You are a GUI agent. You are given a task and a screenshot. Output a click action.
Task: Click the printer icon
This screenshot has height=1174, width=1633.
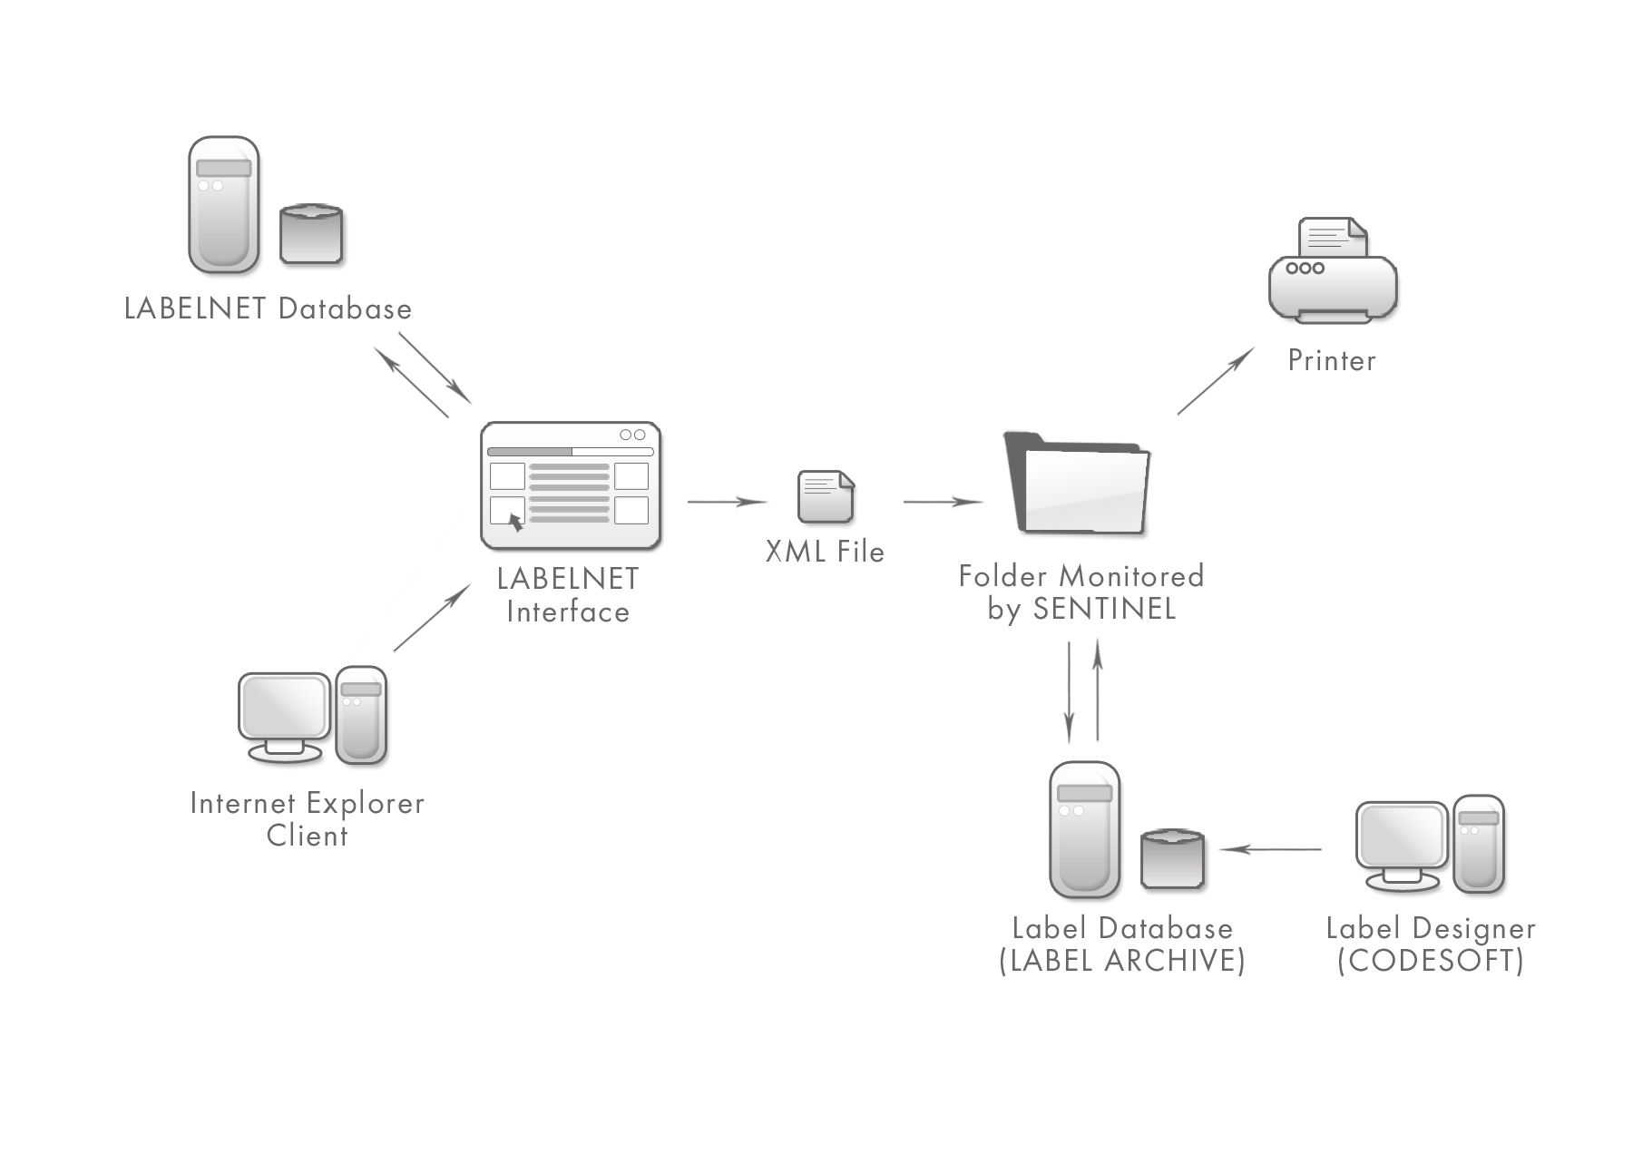(1332, 272)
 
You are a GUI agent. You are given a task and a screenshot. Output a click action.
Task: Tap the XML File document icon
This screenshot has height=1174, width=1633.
(825, 496)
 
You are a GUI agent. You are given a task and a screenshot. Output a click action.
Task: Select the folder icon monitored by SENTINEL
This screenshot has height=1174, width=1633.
(1077, 485)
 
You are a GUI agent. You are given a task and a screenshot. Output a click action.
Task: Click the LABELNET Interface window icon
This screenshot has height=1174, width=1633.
(570, 485)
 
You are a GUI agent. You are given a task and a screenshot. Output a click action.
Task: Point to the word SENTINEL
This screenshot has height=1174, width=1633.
(1104, 609)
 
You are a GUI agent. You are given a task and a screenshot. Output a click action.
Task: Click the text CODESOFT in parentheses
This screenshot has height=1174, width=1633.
(1431, 961)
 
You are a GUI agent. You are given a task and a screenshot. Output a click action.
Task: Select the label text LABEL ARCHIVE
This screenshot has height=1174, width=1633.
(1122, 961)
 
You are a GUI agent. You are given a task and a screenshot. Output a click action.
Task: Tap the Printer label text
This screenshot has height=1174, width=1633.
(1332, 361)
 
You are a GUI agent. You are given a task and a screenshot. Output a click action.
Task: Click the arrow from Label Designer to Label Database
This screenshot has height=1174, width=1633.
(1270, 849)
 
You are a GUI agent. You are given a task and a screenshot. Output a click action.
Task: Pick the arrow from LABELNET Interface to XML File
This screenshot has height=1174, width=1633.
(727, 501)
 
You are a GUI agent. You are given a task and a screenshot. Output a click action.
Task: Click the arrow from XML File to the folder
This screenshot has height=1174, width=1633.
(943, 501)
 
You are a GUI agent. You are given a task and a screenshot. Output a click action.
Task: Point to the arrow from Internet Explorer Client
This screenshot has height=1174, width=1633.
(432, 618)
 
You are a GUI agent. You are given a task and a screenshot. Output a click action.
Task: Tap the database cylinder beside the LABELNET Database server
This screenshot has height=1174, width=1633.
(310, 235)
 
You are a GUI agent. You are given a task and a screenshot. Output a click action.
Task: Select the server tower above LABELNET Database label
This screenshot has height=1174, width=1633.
(223, 205)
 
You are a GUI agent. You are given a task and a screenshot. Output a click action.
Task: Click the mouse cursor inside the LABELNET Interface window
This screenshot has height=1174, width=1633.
(515, 522)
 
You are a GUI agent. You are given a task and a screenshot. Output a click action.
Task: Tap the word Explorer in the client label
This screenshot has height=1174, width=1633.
(365, 804)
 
